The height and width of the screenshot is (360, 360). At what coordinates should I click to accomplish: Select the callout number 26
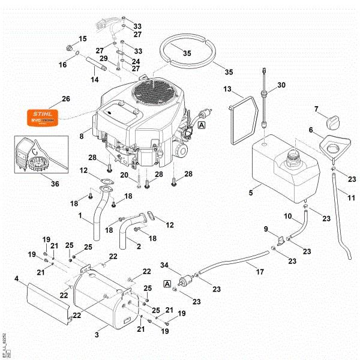click(66, 98)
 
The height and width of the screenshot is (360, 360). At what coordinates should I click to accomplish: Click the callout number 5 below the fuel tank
click(251, 193)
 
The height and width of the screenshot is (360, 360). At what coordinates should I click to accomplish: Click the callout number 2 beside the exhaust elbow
click(139, 246)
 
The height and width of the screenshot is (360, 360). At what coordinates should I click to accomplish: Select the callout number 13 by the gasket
click(227, 89)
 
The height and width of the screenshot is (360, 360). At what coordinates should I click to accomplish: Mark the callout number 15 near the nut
click(100, 39)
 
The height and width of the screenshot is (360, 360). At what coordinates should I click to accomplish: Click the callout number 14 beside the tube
click(94, 79)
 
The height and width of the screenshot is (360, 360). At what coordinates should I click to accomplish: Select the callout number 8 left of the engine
click(81, 136)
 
